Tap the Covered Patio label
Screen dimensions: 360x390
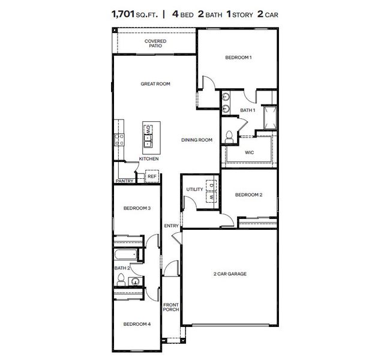pyautogui.click(x=155, y=43)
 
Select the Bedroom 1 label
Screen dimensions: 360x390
pyautogui.click(x=238, y=58)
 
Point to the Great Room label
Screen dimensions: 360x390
pyautogui.click(x=155, y=84)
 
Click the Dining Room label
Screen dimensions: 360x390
pyautogui.click(x=197, y=140)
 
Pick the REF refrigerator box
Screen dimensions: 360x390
pyautogui.click(x=152, y=176)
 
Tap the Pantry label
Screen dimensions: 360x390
pyautogui.click(x=124, y=180)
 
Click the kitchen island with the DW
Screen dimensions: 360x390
pyautogui.click(x=148, y=136)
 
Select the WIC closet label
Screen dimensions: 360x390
pyautogui.click(x=250, y=152)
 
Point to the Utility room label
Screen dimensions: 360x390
pyautogui.click(x=194, y=190)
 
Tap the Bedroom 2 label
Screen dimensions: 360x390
pyautogui.click(x=248, y=194)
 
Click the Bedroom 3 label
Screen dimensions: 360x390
pyautogui.click(x=137, y=208)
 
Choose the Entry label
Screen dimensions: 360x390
pyautogui.click(x=172, y=226)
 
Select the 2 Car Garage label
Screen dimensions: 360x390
pyautogui.click(x=230, y=274)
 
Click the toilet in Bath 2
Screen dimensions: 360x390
pyautogui.click(x=121, y=279)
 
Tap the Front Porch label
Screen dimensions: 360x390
pyautogui.click(x=171, y=307)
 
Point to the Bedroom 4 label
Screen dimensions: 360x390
pyautogui.click(x=137, y=324)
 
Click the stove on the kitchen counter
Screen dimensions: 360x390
pyautogui.click(x=119, y=140)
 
